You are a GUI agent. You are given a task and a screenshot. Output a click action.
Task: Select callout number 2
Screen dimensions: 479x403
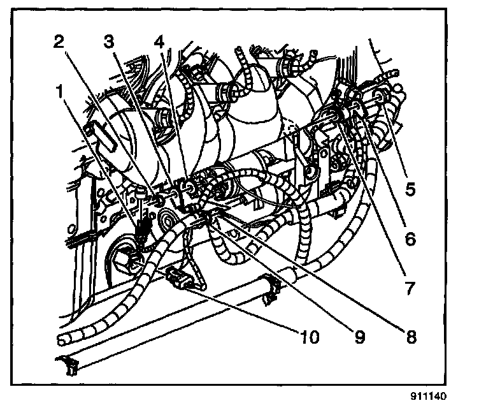click(59, 42)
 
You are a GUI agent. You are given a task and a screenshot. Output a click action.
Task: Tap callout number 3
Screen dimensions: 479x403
click(110, 42)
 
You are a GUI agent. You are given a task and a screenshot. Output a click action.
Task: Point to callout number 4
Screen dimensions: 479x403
click(159, 42)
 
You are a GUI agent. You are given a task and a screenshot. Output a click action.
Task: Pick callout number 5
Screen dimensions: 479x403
click(410, 189)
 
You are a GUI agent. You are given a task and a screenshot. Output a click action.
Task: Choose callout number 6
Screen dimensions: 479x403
click(410, 239)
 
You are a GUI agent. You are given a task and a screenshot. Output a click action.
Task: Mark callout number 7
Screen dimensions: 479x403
click(410, 288)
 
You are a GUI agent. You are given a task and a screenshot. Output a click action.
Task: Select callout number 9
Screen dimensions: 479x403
click(360, 337)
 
